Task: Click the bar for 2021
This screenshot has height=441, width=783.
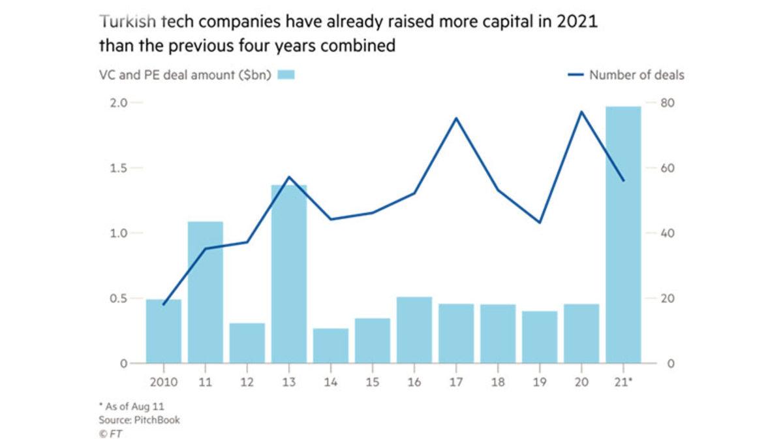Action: (x=623, y=235)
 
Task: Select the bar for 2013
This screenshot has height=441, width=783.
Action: (x=289, y=274)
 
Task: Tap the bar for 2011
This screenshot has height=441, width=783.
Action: (x=206, y=293)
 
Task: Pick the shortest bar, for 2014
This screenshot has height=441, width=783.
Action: (x=331, y=346)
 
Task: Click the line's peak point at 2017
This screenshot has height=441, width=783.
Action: (x=456, y=118)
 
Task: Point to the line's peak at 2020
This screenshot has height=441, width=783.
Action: (x=581, y=112)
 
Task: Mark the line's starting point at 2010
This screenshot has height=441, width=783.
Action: (x=164, y=304)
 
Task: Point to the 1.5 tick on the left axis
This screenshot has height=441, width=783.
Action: (x=117, y=168)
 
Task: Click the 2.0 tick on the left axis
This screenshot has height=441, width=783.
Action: (x=117, y=103)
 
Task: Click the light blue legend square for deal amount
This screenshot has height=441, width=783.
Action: (x=286, y=75)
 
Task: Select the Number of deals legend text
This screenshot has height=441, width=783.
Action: (x=636, y=75)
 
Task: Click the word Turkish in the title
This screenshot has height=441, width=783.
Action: (x=127, y=22)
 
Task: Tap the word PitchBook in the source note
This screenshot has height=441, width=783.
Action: (x=158, y=419)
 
